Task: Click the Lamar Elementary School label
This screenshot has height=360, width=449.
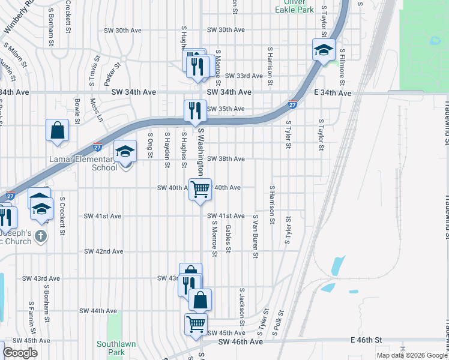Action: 83,163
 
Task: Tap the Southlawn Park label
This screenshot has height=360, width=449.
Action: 112,348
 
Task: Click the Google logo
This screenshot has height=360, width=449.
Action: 20,353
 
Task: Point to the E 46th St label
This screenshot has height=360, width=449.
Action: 366,340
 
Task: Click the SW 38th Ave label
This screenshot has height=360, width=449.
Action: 226,159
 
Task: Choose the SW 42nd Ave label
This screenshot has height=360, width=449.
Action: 104,251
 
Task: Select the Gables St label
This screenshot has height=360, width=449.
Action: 228,238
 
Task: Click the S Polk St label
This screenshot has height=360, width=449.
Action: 278,322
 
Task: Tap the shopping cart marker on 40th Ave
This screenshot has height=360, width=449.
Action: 200,189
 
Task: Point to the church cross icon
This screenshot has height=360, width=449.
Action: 41,235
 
